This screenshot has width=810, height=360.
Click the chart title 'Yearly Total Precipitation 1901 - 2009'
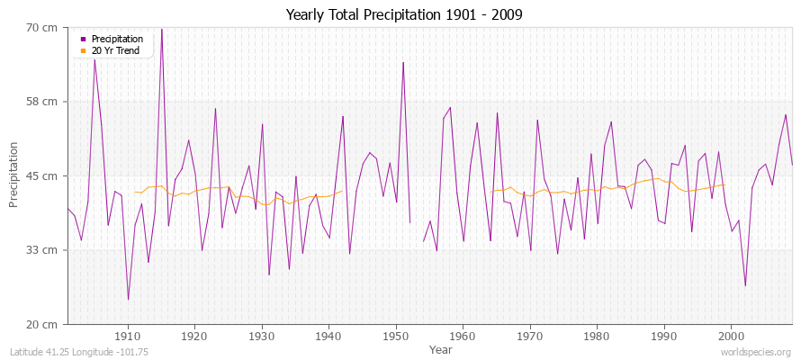click(404, 15)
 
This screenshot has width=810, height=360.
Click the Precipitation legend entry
click(117, 40)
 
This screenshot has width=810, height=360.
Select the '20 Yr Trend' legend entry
click(116, 51)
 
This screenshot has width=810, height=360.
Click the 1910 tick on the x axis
click(128, 337)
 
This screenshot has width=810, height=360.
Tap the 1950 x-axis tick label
click(396, 337)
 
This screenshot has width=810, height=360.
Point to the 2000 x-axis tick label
click(731, 337)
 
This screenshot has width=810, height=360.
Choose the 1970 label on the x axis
click(530, 337)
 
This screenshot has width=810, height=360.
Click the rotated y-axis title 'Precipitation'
click(14, 175)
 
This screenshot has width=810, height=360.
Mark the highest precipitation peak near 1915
click(162, 29)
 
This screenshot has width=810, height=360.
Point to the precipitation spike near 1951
click(403, 62)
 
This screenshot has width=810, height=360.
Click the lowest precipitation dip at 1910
click(128, 300)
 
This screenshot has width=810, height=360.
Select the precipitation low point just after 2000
click(745, 286)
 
